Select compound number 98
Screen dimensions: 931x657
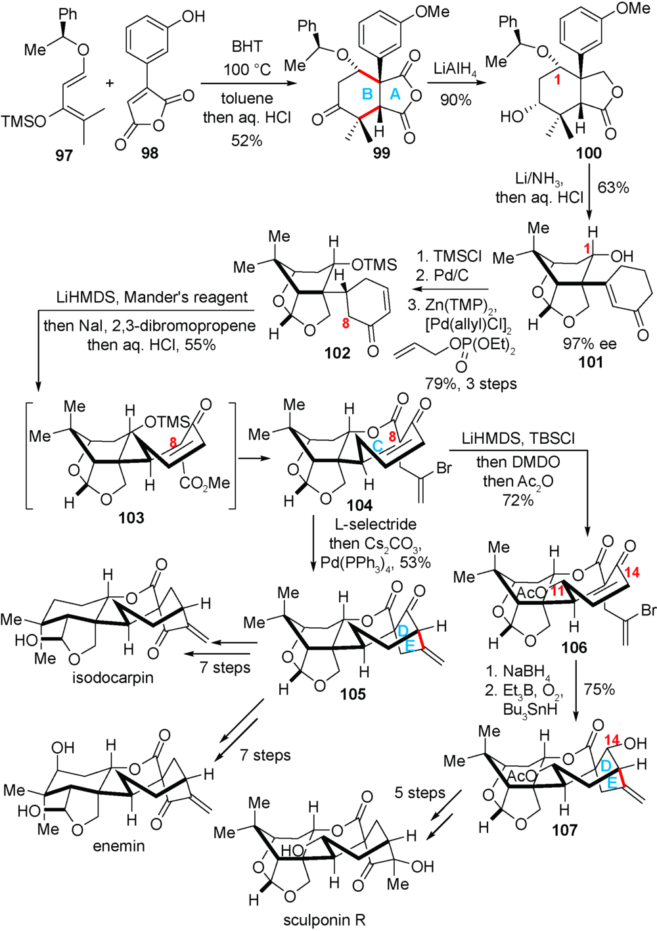[150, 155]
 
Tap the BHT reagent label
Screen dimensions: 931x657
[247, 47]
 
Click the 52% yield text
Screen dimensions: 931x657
[247, 140]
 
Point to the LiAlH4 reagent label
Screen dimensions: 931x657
[455, 69]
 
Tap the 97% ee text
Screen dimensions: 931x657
[589, 343]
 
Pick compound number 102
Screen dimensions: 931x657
[337, 353]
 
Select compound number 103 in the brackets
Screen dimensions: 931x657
[131, 518]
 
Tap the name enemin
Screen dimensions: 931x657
[118, 846]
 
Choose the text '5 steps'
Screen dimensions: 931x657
[420, 792]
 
